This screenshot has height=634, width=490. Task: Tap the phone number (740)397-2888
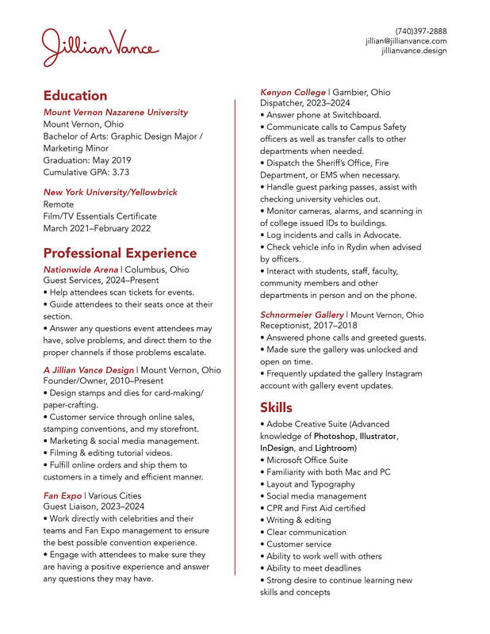point(421,31)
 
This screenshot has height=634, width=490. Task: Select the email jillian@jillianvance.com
point(406,41)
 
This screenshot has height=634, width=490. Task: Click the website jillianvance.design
point(414,51)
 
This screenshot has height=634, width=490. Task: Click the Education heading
point(75,95)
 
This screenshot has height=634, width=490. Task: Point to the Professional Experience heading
point(120,254)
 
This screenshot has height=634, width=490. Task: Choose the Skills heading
point(277,407)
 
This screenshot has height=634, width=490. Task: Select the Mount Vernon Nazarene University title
point(116,113)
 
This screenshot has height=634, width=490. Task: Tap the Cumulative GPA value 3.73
point(121,172)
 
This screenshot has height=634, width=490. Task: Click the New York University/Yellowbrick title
point(110,192)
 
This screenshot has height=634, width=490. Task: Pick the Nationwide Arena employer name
point(80,269)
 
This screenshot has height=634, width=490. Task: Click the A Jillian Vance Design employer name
point(89,370)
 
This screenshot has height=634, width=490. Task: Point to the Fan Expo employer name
point(63,495)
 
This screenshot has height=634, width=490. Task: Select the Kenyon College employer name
point(293,92)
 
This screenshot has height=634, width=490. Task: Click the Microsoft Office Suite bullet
point(307,460)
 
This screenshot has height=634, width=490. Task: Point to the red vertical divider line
point(235,333)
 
